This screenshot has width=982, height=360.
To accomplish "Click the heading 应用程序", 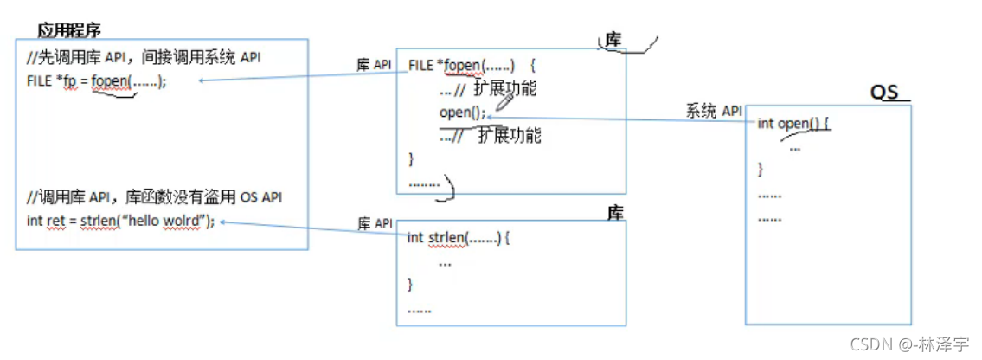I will click(x=69, y=30).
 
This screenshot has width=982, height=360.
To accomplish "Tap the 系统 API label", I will click(x=715, y=111).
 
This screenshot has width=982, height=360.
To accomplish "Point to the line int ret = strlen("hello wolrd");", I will click(x=120, y=221).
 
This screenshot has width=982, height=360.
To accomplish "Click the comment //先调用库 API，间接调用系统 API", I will click(x=144, y=57).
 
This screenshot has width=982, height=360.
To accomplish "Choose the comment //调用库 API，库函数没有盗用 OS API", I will click(x=155, y=197).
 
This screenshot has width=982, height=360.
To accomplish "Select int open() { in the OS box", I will click(x=793, y=123).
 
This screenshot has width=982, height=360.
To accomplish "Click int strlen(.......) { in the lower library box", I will click(x=459, y=237).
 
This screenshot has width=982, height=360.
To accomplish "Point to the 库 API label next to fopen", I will click(x=375, y=65).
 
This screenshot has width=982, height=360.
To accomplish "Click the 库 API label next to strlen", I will click(x=375, y=224).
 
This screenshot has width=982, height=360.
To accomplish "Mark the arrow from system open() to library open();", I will click(x=619, y=118).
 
